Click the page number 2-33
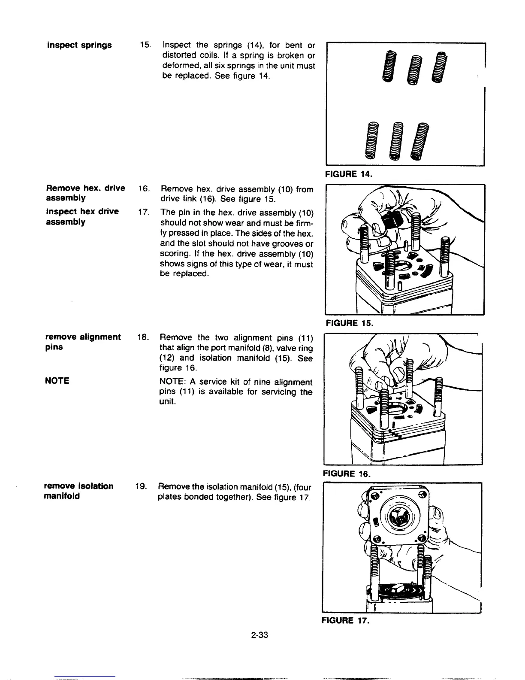260,635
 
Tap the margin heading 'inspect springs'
79,45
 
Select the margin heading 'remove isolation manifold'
78,491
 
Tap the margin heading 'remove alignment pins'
83,342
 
